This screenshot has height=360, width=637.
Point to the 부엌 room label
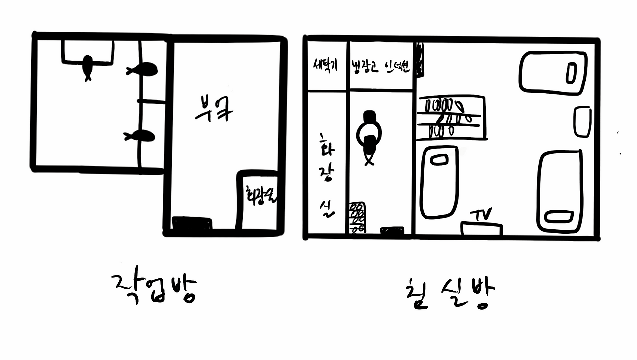click(x=213, y=110)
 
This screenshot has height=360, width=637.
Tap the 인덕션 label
click(x=397, y=67)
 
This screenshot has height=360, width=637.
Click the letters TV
click(x=481, y=215)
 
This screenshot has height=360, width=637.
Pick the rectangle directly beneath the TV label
click(x=481, y=229)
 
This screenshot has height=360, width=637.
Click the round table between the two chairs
click(x=369, y=132)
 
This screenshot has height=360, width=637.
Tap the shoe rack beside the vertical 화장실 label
click(x=357, y=217)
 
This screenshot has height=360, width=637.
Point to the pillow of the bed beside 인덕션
click(x=572, y=73)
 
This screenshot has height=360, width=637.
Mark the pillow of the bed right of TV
click(x=558, y=217)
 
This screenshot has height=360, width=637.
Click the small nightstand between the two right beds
click(x=582, y=122)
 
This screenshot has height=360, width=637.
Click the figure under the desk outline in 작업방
click(x=88, y=67)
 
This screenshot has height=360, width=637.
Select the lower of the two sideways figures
click(x=140, y=135)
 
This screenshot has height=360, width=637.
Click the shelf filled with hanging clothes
click(x=450, y=118)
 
